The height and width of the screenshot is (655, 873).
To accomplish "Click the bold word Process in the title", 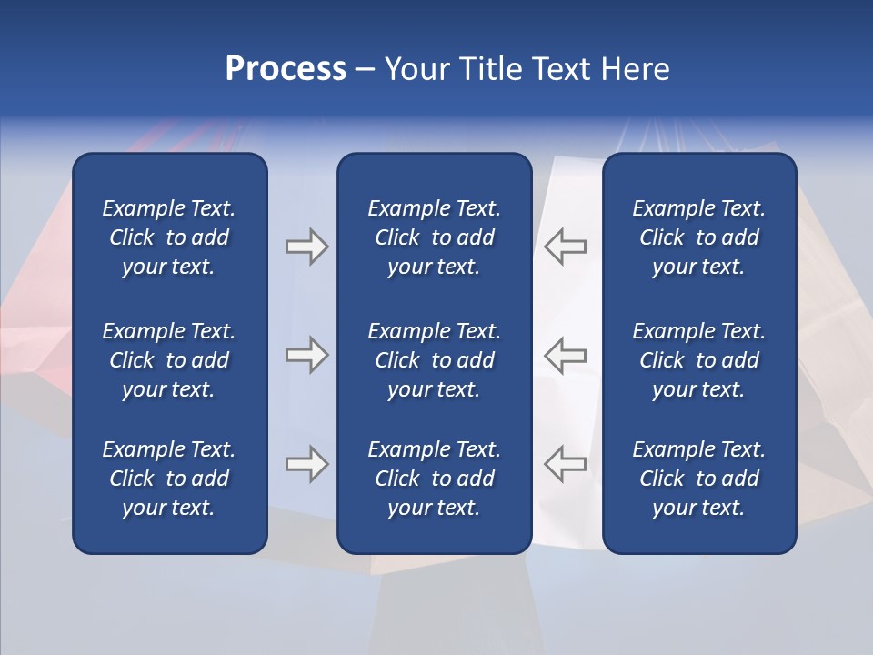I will pyautogui.click(x=286, y=69).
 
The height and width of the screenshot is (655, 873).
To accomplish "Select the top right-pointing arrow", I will pyautogui.click(x=306, y=247).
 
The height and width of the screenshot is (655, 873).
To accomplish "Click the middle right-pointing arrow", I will pyautogui.click(x=306, y=355).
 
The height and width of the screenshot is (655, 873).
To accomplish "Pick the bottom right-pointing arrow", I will pyautogui.click(x=306, y=464).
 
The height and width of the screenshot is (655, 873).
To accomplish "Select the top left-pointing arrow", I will pyautogui.click(x=565, y=247).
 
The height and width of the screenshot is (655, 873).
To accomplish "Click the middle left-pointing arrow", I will pyautogui.click(x=565, y=355).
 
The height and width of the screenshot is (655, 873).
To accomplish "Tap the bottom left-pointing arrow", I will pyautogui.click(x=565, y=464).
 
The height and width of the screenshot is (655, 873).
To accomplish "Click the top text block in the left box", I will pyautogui.click(x=169, y=237).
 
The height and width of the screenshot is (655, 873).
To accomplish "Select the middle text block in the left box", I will pyautogui.click(x=169, y=360).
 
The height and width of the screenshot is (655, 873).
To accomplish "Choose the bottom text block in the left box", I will pyautogui.click(x=169, y=479).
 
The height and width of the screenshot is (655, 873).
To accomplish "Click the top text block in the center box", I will pyautogui.click(x=434, y=237).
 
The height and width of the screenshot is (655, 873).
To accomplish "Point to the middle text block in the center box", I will pyautogui.click(x=434, y=360).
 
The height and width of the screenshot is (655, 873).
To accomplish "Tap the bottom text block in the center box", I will pyautogui.click(x=434, y=479).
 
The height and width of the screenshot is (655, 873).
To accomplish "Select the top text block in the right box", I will pyautogui.click(x=698, y=237).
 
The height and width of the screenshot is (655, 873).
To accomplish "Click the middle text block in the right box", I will pyautogui.click(x=698, y=360).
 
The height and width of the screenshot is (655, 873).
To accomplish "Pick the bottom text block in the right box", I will pyautogui.click(x=698, y=479).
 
